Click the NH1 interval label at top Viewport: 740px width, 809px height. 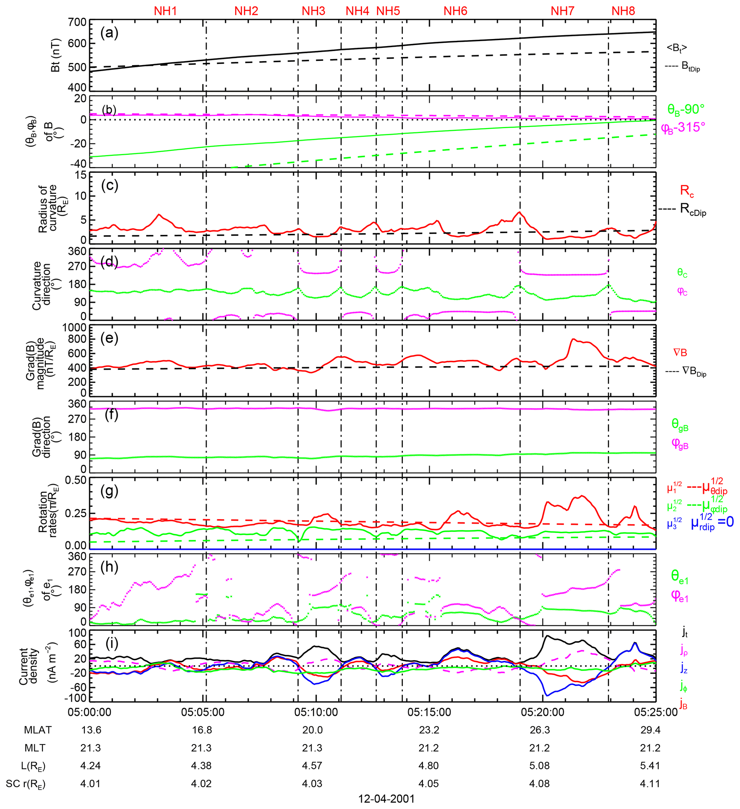click(x=165, y=11)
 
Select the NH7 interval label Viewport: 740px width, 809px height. click(x=562, y=11)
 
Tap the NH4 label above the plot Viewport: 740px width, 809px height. click(x=357, y=11)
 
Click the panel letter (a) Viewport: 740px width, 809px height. click(x=109, y=33)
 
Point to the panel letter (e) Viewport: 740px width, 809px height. click(x=109, y=338)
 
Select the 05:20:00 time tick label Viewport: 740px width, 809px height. click(x=542, y=712)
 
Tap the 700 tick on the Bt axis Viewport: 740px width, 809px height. click(x=77, y=22)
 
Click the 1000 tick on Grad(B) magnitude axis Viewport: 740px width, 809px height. click(x=74, y=328)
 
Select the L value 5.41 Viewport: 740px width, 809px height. click(x=650, y=766)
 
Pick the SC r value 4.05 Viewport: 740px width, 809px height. click(x=428, y=784)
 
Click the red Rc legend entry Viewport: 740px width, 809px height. click(x=687, y=191)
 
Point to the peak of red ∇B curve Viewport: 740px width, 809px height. click(x=573, y=339)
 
